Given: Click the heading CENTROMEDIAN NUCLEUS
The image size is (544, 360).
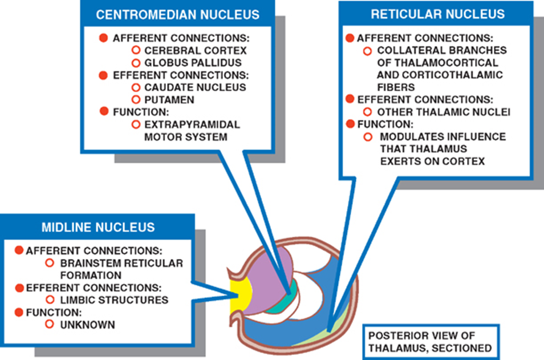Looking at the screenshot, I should [177, 14].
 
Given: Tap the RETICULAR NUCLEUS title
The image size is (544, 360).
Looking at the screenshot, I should [437, 14].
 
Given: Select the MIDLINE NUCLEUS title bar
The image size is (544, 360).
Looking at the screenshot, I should [98, 227].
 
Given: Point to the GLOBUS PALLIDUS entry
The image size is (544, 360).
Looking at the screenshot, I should [193, 63].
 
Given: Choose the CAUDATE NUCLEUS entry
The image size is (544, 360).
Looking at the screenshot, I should [195, 87].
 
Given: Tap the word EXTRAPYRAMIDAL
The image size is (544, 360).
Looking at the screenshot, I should [192, 124].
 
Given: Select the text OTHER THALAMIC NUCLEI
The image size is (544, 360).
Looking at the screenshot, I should [444, 112].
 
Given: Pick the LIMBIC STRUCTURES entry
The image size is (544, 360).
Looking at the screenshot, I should [114, 300].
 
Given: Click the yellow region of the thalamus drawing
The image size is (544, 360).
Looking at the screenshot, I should [239, 296].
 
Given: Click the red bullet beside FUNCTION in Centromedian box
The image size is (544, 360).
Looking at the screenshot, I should [103, 111].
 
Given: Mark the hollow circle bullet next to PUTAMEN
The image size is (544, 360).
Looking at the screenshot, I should [136, 99].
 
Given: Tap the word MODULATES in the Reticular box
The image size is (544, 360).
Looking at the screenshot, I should [407, 137].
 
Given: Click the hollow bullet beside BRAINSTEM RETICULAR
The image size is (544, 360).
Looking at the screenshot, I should [50, 262].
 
